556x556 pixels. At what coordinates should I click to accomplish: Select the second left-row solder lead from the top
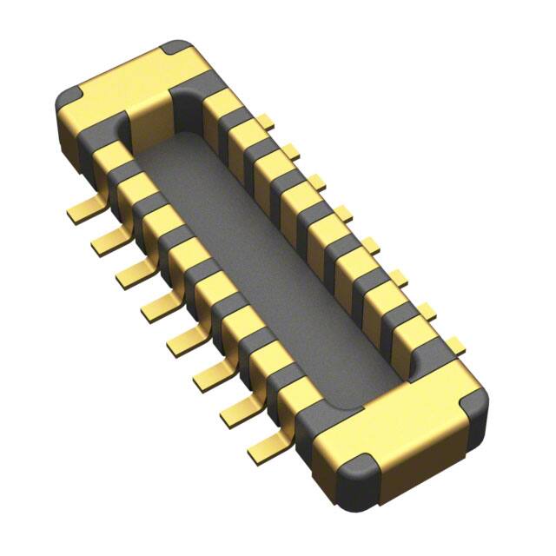pyautogui.click(x=107, y=237)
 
